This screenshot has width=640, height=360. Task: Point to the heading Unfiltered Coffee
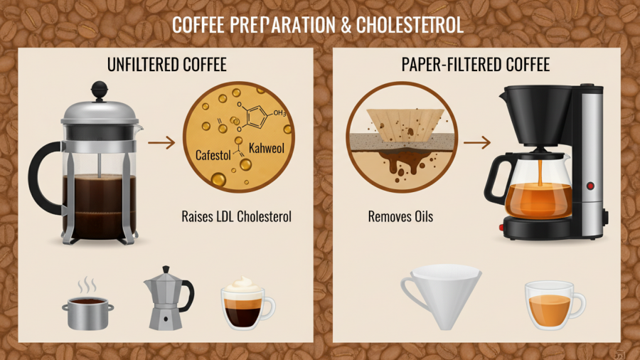point(166,65)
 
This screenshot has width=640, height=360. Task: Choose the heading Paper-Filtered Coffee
point(475,65)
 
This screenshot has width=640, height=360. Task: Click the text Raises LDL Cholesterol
point(236,216)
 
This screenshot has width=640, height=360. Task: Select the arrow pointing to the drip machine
point(476,142)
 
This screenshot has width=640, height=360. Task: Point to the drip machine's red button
point(590,186)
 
